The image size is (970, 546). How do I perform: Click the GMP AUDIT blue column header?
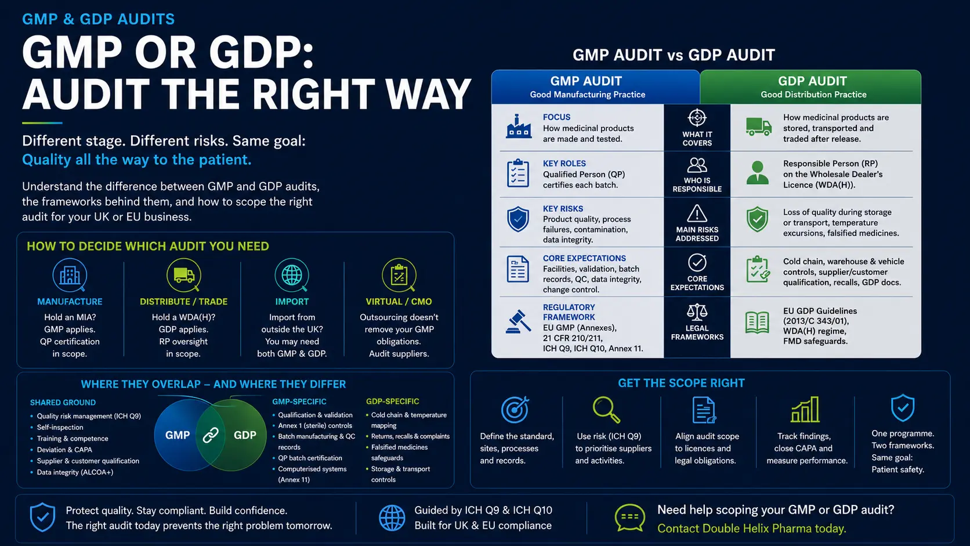[595, 87]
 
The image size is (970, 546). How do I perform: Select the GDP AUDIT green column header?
[810, 87]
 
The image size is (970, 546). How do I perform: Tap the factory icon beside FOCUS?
[518, 126]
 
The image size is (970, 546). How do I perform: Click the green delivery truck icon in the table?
[758, 127]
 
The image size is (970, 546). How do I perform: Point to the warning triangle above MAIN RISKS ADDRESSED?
[697, 214]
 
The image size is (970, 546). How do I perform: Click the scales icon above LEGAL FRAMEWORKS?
[697, 312]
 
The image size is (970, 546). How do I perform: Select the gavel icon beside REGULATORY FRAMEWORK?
[518, 321]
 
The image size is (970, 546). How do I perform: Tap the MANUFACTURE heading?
[70, 301]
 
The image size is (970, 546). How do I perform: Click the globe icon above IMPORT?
[292, 276]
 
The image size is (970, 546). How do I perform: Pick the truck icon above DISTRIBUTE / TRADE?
[183, 276]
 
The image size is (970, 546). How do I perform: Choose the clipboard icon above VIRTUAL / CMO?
[399, 276]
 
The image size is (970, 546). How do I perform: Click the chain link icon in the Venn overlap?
[211, 435]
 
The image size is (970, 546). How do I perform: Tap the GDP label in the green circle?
[245, 435]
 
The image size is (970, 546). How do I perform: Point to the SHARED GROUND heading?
[63, 403]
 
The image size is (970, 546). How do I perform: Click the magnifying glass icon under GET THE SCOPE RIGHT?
[606, 410]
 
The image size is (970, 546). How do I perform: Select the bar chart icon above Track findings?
[805, 409]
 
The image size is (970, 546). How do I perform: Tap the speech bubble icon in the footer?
[629, 518]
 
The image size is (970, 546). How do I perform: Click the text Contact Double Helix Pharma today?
[751, 529]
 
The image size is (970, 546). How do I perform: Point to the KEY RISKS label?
[563, 209]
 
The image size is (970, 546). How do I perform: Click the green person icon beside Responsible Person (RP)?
[758, 173]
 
